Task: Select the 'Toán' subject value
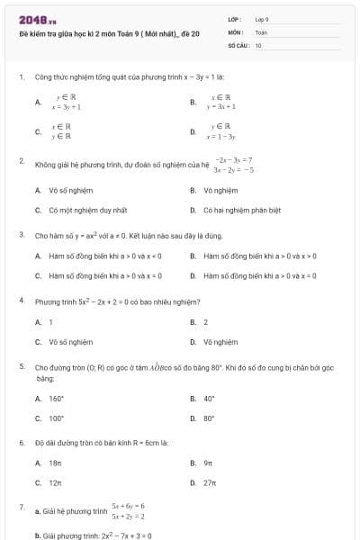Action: tap(262, 31)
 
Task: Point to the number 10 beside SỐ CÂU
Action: tap(258, 44)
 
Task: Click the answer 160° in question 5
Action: tap(56, 398)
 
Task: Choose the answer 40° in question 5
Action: tap(209, 398)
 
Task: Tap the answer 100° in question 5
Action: tap(56, 418)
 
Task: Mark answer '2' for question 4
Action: tap(206, 321)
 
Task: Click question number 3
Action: tap(21, 234)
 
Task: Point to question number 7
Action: tap(21, 507)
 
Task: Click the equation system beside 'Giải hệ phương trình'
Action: tap(129, 511)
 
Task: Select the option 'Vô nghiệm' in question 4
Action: tap(220, 342)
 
